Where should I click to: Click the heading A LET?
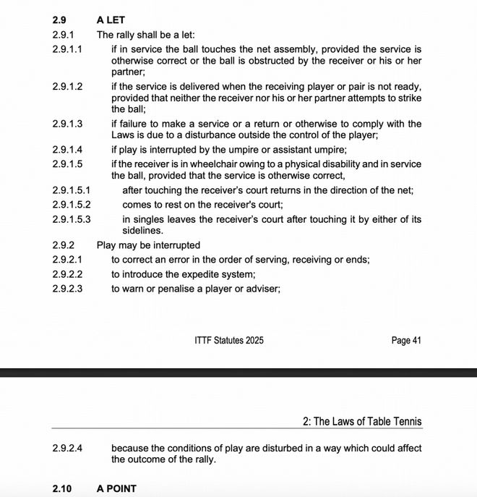tap(111, 20)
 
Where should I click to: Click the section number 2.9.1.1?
tap(67, 48)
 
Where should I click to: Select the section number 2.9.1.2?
tap(67, 86)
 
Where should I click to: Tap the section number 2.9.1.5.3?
tap(72, 219)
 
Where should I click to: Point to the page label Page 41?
tap(405, 340)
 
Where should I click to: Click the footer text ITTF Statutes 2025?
tap(229, 340)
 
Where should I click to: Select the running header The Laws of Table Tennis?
tap(368, 422)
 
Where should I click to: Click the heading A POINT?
tap(116, 489)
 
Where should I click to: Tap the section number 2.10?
tap(62, 489)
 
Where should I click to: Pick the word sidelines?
tap(132, 231)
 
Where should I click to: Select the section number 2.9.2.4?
tap(67, 449)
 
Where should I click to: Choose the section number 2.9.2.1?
tap(67, 260)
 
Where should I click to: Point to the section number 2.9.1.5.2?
tap(72, 205)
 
